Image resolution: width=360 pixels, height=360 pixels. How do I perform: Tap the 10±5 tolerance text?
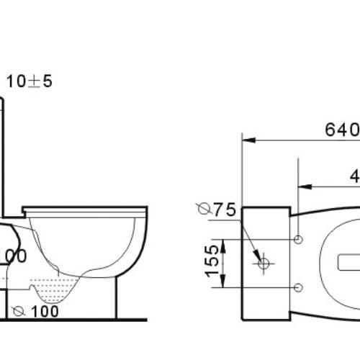[x=29, y=81]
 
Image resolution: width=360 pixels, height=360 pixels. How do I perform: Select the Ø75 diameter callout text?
[x=216, y=210]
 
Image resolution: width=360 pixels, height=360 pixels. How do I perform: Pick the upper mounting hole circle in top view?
[x=299, y=238]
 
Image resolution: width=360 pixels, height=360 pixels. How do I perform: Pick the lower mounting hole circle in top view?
[x=299, y=288]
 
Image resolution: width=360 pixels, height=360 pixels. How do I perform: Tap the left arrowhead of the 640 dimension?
[x=245, y=138]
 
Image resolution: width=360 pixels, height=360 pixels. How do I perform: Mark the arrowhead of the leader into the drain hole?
[x=256, y=257]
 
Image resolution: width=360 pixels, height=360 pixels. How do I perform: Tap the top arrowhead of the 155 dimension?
[x=223, y=240]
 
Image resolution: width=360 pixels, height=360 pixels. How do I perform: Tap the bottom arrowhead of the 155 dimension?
[x=223, y=286]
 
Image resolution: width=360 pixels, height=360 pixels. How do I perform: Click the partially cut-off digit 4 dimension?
[x=355, y=175]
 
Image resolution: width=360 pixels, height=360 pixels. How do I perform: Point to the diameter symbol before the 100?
[x=19, y=312]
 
